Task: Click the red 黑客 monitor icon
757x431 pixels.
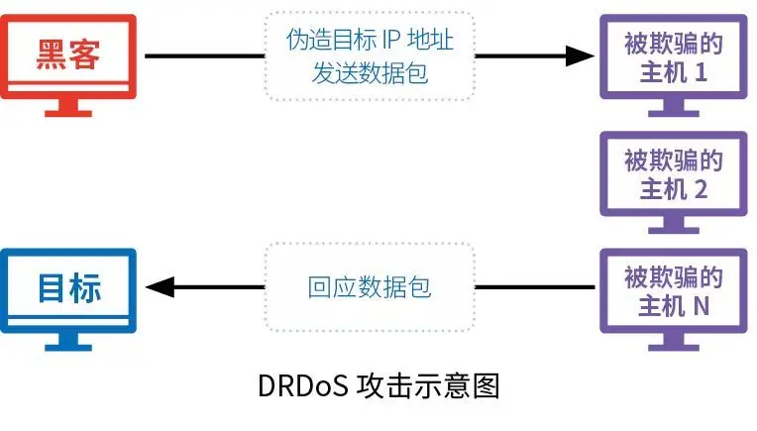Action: (x=68, y=55)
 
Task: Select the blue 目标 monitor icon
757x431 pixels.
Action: (x=68, y=288)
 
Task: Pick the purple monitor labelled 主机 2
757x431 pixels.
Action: (x=673, y=173)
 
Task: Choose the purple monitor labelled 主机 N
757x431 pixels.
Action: (x=673, y=290)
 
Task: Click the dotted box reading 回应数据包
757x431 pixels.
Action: (x=369, y=288)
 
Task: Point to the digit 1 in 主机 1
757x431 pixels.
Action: (x=701, y=72)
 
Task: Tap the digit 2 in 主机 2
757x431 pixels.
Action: (x=701, y=189)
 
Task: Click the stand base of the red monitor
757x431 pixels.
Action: (x=68, y=111)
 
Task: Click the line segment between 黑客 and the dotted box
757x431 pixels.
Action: (x=203, y=55)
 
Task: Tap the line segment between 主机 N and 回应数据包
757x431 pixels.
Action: (x=535, y=288)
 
